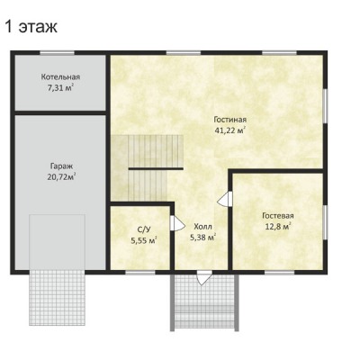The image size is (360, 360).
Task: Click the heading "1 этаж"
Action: (x=31, y=27)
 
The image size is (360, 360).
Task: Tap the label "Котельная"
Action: (x=60, y=76)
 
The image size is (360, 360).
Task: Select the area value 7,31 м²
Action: (x=61, y=87)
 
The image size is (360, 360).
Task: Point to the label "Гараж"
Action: (x=61, y=166)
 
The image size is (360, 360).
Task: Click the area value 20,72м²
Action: (x=61, y=176)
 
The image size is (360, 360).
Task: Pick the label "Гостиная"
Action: (x=230, y=120)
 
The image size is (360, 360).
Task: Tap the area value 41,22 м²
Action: (x=230, y=130)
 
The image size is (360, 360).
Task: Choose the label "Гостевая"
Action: (x=278, y=216)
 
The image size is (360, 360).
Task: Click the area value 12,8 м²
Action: (x=278, y=226)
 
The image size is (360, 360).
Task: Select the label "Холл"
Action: (x=202, y=227)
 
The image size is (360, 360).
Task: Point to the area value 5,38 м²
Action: (x=203, y=238)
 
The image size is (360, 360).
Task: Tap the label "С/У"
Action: (x=144, y=229)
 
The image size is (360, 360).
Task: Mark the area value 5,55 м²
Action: (x=144, y=240)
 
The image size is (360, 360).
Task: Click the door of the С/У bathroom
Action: (x=177, y=223)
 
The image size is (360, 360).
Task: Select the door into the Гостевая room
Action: (x=225, y=199)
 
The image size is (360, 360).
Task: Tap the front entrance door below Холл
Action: (x=204, y=277)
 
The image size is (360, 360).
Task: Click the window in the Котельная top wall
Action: (x=57, y=53)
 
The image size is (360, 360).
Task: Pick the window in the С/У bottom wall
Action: (x=140, y=273)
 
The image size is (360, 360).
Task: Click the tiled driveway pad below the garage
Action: (x=58, y=298)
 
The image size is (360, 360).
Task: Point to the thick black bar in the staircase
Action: (x=156, y=169)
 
